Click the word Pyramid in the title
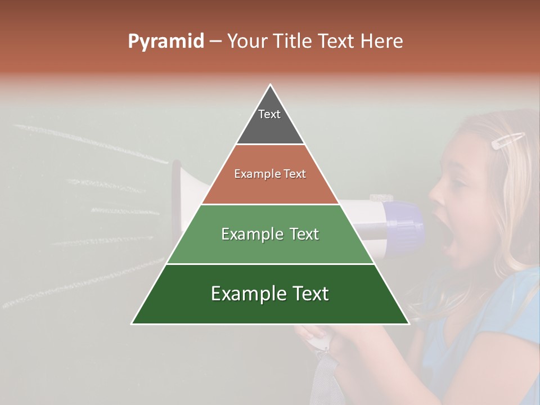[165, 42]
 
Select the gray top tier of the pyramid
[270, 127]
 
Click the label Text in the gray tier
[269, 114]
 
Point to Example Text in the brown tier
[270, 174]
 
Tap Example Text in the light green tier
[270, 234]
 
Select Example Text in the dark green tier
[270, 294]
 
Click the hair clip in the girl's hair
[507, 141]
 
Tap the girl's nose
[436, 194]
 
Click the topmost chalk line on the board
[90, 144]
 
